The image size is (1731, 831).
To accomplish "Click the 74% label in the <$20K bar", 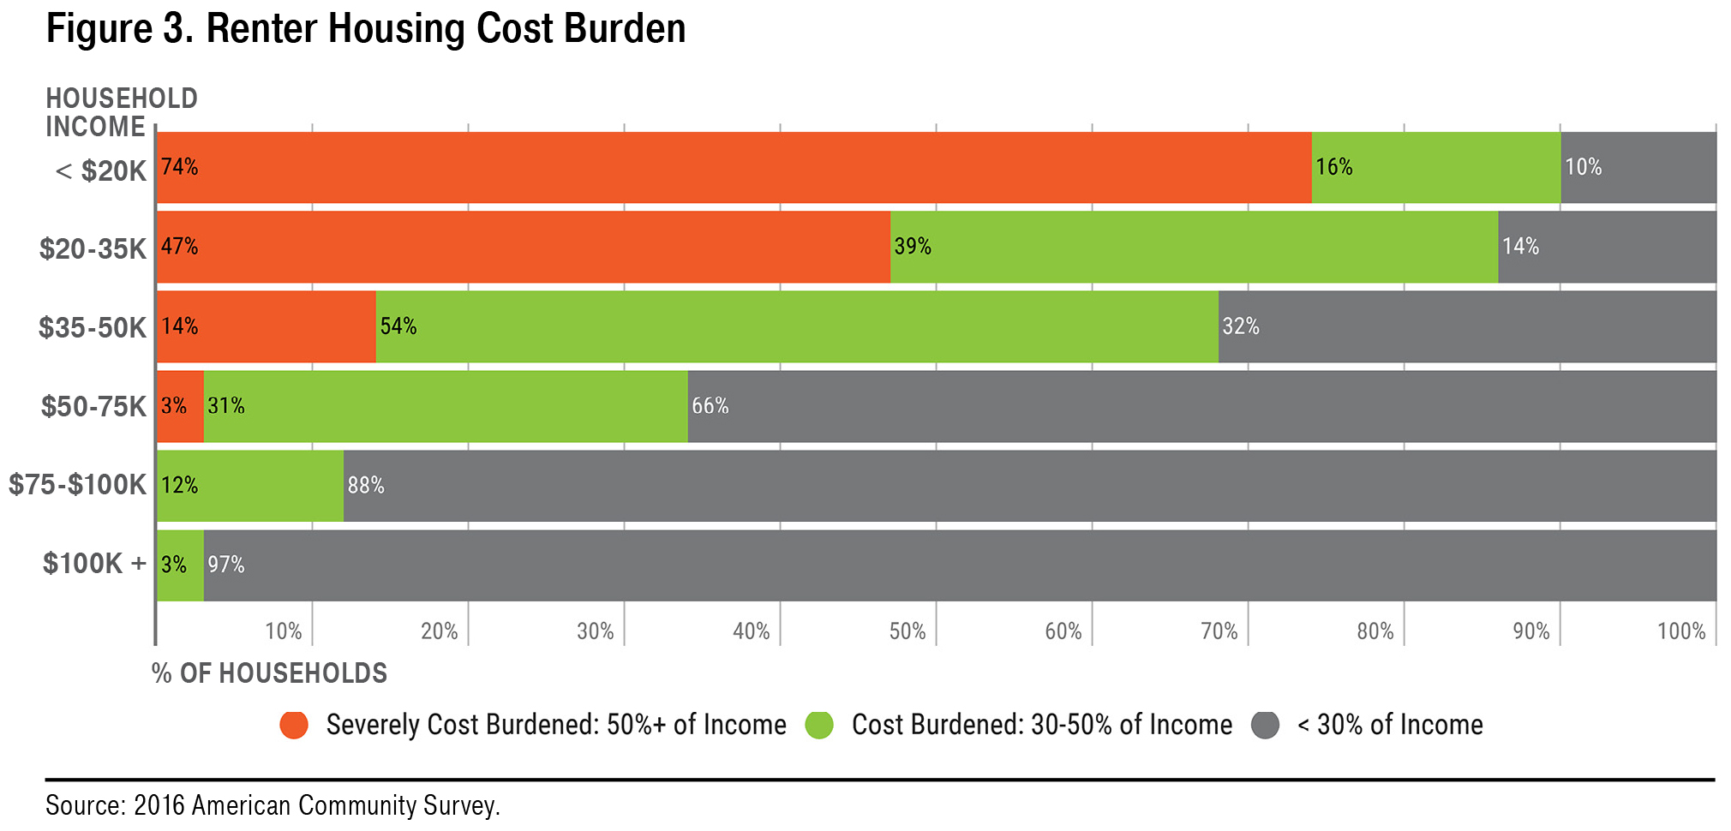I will [179, 167].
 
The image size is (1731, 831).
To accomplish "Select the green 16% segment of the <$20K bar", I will [1435, 167].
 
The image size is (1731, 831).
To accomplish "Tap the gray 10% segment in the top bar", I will [1638, 167].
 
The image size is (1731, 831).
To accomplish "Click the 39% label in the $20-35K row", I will [913, 247].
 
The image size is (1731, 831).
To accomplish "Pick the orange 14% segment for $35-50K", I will [267, 326].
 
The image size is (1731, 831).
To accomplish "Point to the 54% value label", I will [398, 326].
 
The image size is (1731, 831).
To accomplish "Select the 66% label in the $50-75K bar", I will [710, 406].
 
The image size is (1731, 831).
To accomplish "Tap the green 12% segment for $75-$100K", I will [249, 486].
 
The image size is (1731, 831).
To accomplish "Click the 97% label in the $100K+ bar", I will [226, 565].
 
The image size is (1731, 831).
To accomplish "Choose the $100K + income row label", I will [95, 564].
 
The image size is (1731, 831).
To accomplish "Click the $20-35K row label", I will [93, 249].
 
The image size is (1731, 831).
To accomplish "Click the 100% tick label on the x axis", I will [1681, 631].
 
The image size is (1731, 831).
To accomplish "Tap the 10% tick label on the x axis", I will [284, 631].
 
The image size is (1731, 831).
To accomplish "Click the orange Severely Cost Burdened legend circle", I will [294, 726].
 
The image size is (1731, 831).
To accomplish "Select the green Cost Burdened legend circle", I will [819, 726].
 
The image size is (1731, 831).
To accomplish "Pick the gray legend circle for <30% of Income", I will [1265, 726].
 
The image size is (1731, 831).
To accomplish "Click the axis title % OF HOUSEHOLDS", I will [269, 673].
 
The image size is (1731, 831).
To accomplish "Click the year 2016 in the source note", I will [159, 806].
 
